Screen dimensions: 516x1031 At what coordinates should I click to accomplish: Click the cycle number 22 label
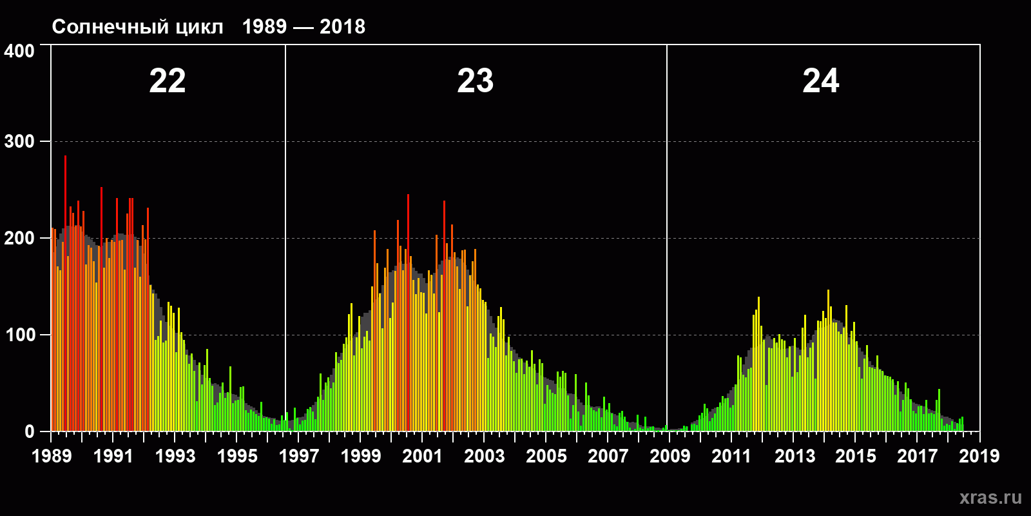(168, 81)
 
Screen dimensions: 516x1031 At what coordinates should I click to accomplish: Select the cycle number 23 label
(476, 81)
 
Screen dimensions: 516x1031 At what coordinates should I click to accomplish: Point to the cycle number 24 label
(821, 81)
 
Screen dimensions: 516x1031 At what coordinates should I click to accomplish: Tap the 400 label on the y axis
(19, 52)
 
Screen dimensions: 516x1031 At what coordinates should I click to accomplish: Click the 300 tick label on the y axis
(19, 142)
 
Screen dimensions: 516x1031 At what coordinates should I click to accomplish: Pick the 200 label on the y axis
(19, 239)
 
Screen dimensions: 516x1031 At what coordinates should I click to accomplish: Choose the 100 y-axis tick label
(19, 335)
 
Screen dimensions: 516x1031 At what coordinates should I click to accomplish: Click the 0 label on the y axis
(30, 432)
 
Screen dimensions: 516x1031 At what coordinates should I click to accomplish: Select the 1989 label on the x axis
(52, 456)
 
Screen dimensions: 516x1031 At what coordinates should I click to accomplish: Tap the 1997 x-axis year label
(299, 456)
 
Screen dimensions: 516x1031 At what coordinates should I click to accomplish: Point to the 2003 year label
(485, 456)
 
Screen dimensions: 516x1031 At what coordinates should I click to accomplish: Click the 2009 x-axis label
(670, 456)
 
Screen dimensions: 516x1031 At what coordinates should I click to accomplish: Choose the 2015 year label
(856, 456)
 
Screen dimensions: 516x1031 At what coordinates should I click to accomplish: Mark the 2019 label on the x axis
(979, 456)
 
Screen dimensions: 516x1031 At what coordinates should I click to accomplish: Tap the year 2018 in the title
(342, 27)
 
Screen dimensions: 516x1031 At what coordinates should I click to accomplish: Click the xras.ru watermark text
(990, 497)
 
